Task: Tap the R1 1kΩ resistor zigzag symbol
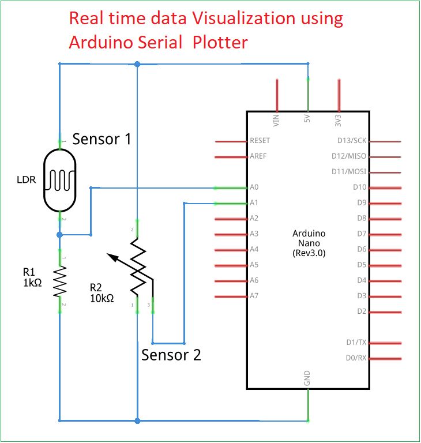point(59,281)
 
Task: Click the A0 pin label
point(254,187)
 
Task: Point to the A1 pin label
point(254,203)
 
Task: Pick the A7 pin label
point(254,296)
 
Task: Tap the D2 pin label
point(362,311)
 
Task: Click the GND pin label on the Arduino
point(307,378)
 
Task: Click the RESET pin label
point(260,141)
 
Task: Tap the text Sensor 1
point(102,139)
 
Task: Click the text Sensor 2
point(171,355)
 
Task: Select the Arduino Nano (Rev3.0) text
point(309,243)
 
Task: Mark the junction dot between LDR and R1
point(59,235)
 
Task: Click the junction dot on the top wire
point(137,64)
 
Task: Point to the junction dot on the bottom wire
point(137,421)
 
